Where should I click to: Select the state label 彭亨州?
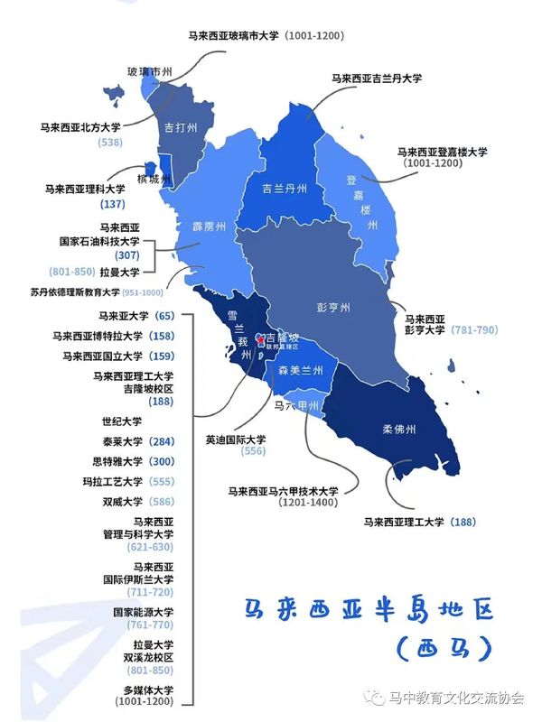332,307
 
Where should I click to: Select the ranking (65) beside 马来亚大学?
164,316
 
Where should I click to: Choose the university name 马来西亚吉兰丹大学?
377,79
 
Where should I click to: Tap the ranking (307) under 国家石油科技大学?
127,255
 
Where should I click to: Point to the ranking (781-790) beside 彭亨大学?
474,330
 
